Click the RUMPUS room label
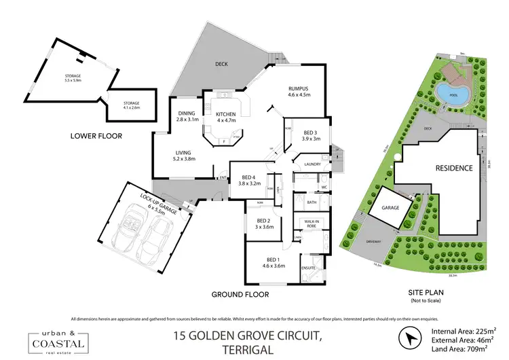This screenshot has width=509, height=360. tap(299, 91)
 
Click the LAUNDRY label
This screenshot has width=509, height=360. tap(312, 164)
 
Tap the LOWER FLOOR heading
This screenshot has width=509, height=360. tap(96, 136)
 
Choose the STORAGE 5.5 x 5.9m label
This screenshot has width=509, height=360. tap(72, 78)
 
